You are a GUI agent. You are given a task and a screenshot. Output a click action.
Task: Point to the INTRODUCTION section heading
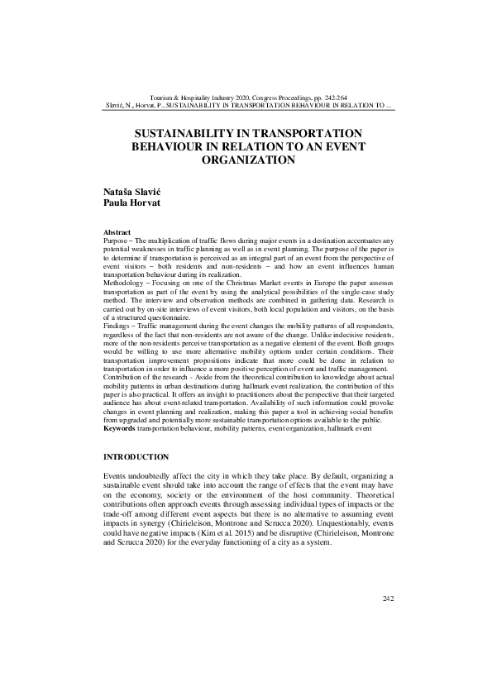[136, 457]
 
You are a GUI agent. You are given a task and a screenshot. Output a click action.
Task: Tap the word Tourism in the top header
[157, 97]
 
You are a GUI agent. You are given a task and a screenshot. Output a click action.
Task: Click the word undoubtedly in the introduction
[157, 478]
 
